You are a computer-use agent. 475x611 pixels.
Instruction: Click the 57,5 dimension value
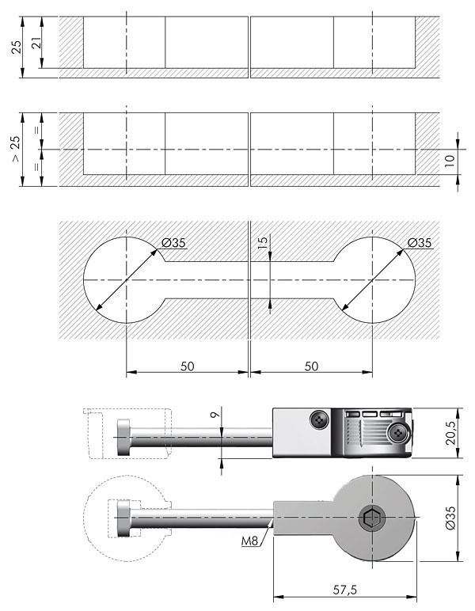(344, 590)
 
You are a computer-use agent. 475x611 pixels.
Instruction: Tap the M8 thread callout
(250, 541)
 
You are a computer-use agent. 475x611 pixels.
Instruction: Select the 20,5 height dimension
(450, 433)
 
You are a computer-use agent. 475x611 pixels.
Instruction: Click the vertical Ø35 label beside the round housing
(450, 518)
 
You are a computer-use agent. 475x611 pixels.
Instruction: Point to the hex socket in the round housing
(371, 518)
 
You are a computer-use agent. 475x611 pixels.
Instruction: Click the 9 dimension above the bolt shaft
(215, 415)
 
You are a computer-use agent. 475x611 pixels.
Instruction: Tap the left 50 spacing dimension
(187, 366)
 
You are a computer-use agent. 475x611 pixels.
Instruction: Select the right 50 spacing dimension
(311, 366)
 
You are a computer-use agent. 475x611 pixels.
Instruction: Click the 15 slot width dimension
(263, 242)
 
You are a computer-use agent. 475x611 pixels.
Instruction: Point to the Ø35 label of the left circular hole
(174, 243)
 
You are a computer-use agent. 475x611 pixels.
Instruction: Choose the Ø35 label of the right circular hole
(420, 243)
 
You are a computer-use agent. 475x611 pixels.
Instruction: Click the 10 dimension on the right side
(450, 161)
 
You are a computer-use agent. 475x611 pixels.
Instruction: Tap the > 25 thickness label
(15, 149)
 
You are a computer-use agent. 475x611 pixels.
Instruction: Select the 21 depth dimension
(36, 42)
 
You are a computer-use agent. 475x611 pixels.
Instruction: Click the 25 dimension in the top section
(16, 47)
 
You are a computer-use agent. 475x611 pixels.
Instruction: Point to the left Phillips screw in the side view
(319, 420)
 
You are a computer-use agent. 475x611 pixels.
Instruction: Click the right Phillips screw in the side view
(397, 433)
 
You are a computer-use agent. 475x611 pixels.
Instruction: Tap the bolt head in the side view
(124, 437)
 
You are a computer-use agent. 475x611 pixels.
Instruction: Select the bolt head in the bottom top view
(124, 518)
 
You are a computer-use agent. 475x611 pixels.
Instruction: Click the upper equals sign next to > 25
(36, 131)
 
